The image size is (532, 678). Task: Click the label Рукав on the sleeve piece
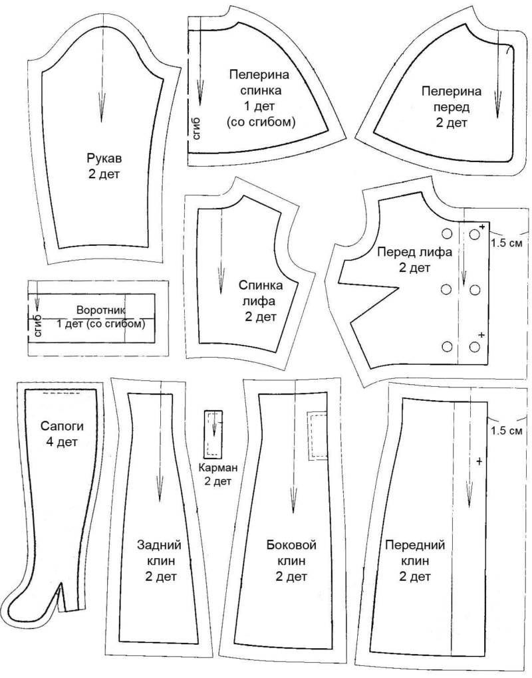tap(104, 158)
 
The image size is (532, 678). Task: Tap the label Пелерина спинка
tap(259, 82)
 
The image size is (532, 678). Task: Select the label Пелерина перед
tap(452, 99)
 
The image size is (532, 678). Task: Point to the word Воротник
tap(101, 310)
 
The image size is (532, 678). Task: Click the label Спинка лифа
tap(261, 293)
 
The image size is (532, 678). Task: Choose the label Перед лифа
tap(415, 252)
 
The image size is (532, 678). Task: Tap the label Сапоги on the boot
tap(63, 426)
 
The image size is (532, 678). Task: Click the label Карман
tap(218, 467)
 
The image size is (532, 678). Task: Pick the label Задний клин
tap(159, 552)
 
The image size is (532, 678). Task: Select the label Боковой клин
tap(291, 552)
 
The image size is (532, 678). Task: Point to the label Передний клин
tap(415, 552)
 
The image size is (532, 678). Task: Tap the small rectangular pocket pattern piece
tap(213, 433)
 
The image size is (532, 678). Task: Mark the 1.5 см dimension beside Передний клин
tap(507, 431)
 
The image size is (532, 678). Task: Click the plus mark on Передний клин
tap(479, 461)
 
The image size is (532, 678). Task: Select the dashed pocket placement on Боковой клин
tap(317, 435)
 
